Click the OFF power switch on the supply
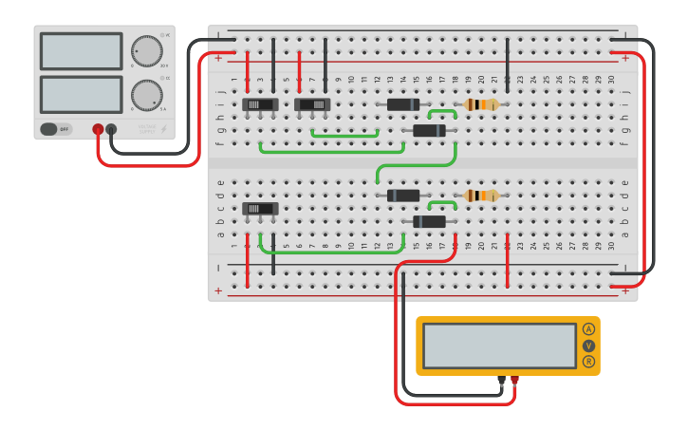[56, 129]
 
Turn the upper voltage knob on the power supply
[147, 51]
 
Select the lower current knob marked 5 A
[146, 95]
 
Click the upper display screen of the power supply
[81, 51]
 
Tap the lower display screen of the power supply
[81, 95]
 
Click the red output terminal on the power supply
[98, 129]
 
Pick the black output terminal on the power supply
[111, 129]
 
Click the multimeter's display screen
[499, 346]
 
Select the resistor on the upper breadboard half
[481, 104]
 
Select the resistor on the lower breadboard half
[481, 196]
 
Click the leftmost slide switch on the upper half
[260, 104]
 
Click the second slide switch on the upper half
[311, 104]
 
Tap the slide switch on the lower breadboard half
[260, 208]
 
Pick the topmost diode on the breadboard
[403, 104]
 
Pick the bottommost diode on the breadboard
[429, 221]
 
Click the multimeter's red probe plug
[514, 381]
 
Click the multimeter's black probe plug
[501, 381]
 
